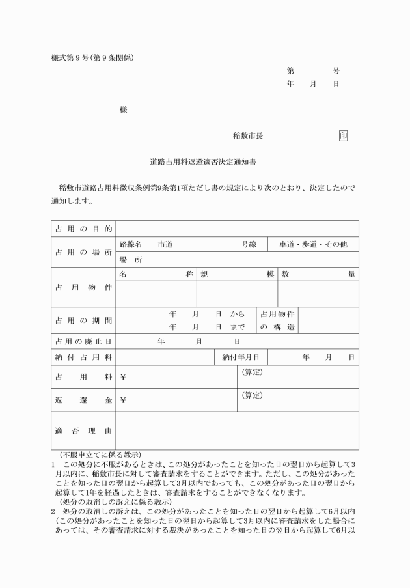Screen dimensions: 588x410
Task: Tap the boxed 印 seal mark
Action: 343,136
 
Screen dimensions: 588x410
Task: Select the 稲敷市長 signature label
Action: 247,136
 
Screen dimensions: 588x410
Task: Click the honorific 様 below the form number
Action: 124,110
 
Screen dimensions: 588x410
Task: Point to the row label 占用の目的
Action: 83,229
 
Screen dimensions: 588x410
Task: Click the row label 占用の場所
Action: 83,252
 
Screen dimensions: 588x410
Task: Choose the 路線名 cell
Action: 131,244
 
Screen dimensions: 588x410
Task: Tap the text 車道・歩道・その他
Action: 313,244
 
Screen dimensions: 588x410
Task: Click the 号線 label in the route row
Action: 249,244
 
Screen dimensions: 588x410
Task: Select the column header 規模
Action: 237,274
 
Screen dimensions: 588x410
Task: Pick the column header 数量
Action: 318,274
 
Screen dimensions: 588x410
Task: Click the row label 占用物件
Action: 83,287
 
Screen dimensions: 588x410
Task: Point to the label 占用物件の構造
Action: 277,320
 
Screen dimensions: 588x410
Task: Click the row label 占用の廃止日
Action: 83,341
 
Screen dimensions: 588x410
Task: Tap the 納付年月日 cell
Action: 241,357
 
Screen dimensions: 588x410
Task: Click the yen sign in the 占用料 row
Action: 123,377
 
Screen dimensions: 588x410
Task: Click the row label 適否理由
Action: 83,430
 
